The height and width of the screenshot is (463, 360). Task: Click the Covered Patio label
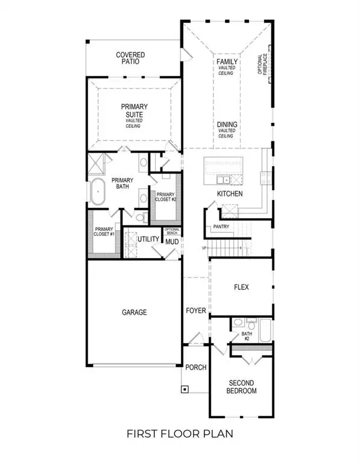click(x=131, y=58)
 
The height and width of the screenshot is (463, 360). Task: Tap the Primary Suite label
click(x=133, y=111)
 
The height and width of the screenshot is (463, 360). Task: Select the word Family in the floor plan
click(x=227, y=61)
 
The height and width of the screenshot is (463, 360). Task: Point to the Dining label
click(x=227, y=125)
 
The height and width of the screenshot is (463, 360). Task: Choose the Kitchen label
click(x=230, y=194)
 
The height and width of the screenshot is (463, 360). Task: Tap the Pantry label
click(x=221, y=227)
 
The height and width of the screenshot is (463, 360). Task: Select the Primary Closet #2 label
click(x=165, y=198)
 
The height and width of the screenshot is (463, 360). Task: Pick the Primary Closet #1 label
click(x=103, y=232)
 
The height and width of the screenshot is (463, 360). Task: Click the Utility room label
click(x=148, y=239)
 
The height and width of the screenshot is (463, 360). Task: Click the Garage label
click(x=133, y=312)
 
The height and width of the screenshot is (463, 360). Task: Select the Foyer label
click(x=196, y=311)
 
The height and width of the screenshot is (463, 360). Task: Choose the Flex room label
click(x=241, y=288)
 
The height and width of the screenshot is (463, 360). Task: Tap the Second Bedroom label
click(x=241, y=387)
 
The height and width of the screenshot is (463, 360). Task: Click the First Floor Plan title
click(x=180, y=433)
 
